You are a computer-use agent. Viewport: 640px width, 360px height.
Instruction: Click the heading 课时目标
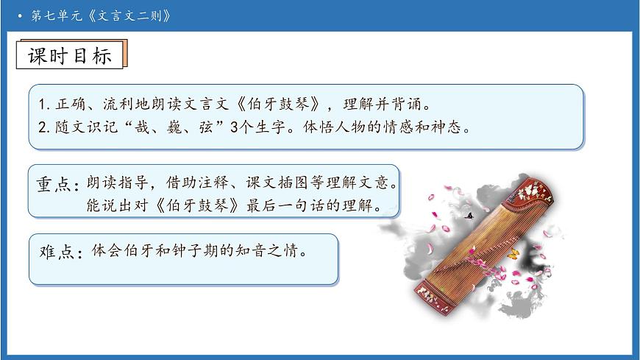[70, 57]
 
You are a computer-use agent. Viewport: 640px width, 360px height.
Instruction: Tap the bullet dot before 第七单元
[20, 15]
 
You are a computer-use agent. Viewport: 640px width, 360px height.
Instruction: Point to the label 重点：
[57, 185]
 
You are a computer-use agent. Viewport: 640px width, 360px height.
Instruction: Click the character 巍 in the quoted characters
[164, 127]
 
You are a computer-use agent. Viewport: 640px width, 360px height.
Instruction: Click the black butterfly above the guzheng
[468, 216]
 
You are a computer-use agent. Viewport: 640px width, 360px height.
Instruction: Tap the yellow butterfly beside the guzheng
[513, 255]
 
